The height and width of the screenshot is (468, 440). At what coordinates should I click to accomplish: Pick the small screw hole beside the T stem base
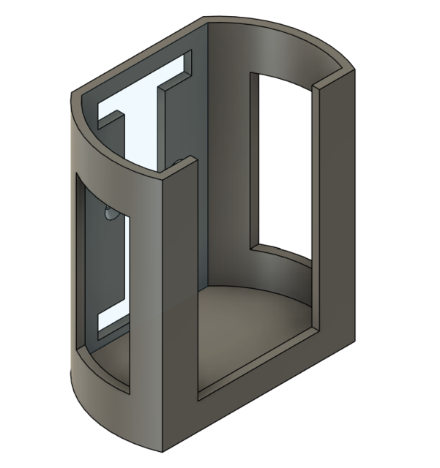coord(180,156)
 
